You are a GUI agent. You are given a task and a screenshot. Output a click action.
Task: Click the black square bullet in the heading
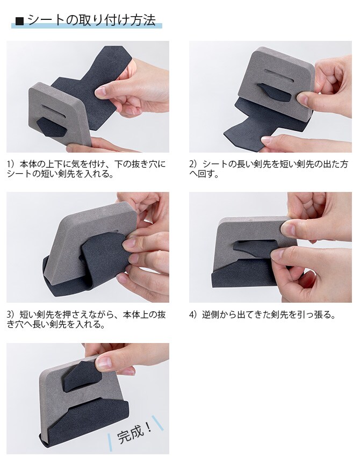[x=20, y=22]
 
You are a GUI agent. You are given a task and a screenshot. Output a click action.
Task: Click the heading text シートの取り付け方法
[x=91, y=20]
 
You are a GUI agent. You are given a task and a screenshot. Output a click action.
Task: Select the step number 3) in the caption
[x=11, y=315]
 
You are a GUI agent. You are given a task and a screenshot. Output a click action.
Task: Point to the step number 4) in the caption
[x=194, y=315]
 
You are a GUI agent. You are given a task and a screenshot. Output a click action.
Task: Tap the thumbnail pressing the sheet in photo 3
[x=131, y=245]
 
